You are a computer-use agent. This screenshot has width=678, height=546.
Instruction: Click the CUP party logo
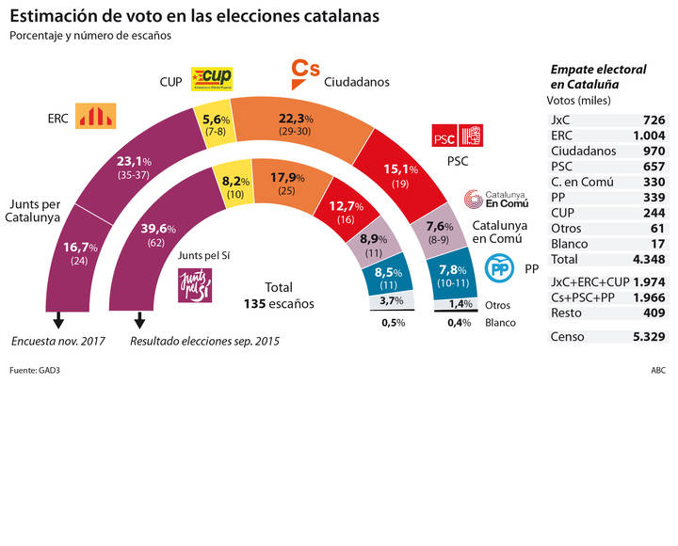tap(212, 79)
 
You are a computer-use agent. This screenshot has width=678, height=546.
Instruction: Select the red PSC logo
tap(456, 137)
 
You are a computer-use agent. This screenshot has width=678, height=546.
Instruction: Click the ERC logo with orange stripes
tap(94, 117)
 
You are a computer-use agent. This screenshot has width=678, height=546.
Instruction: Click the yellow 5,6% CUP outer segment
tap(211, 124)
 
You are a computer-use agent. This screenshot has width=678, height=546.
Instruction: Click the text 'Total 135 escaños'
tap(278, 296)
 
